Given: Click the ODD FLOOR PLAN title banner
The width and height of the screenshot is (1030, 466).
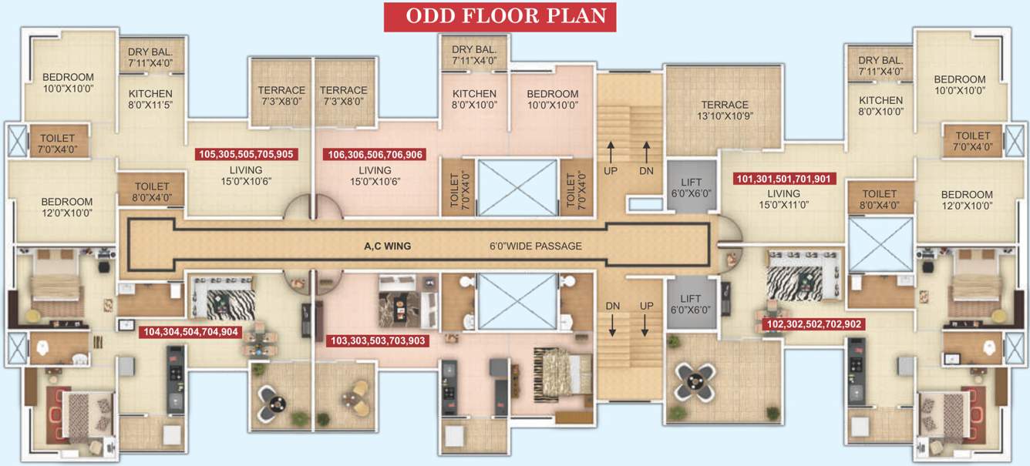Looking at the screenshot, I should (500, 16).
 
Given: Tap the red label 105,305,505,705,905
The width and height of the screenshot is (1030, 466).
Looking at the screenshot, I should (247, 154).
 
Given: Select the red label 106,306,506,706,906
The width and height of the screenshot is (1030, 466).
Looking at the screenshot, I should (374, 154).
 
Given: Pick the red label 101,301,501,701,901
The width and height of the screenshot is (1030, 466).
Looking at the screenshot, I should (783, 179).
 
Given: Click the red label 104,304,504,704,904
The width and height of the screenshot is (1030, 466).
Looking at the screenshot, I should (190, 333).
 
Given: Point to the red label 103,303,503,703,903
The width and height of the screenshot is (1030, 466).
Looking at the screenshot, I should (377, 340).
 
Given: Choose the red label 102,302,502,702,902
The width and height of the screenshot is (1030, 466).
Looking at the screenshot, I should (812, 324).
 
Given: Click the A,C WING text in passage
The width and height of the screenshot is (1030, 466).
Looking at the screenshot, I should (387, 246).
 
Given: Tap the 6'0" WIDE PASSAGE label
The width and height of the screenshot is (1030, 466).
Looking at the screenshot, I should (535, 246).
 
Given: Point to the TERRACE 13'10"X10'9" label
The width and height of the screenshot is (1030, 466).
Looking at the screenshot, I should (724, 110).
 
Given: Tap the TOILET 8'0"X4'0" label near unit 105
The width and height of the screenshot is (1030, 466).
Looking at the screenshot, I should (151, 192).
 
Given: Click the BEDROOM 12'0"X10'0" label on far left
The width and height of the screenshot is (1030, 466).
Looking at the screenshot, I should (67, 207).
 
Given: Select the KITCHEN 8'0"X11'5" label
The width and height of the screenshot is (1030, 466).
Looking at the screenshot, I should (150, 99).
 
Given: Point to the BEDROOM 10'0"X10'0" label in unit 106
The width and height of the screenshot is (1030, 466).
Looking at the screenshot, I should (552, 99).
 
